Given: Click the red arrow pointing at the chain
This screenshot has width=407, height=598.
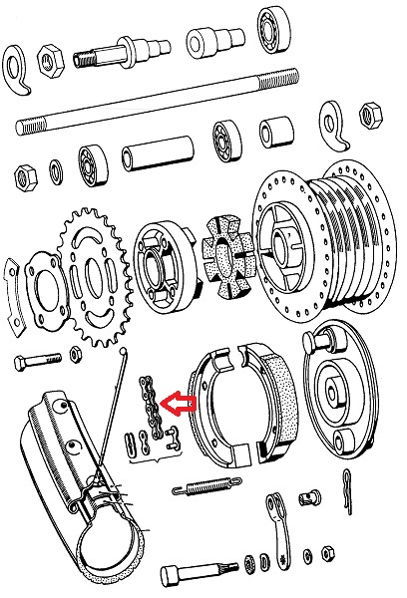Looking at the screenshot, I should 181,403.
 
